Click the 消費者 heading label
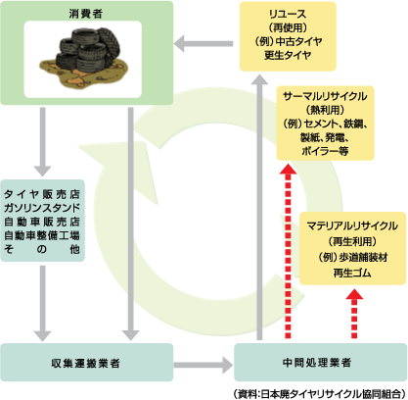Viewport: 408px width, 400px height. (86, 14)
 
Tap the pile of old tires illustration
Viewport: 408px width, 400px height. (83, 58)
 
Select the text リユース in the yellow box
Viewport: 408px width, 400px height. (288, 14)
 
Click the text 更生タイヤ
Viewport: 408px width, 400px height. (288, 55)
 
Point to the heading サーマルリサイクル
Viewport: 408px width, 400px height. (325, 96)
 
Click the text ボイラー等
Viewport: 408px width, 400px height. (325, 151)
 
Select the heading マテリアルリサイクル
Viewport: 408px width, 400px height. (352, 225)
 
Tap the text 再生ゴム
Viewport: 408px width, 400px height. (352, 273)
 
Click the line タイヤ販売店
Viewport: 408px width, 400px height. (42, 194)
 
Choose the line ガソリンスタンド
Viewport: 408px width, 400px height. (42, 208)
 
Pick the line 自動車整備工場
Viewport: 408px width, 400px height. (42, 235)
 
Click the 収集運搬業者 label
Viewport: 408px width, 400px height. (86, 363)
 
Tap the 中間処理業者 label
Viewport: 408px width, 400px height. (317, 363)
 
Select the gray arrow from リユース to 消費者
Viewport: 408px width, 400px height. (204, 44)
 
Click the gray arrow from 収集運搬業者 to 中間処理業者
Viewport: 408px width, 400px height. (204, 365)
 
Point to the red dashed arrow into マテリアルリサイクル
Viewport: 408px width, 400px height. (354, 314)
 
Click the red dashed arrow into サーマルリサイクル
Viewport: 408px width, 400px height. (288, 251)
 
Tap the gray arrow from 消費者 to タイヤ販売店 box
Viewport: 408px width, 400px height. (43, 142)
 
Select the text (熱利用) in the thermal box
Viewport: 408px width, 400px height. (325, 110)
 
